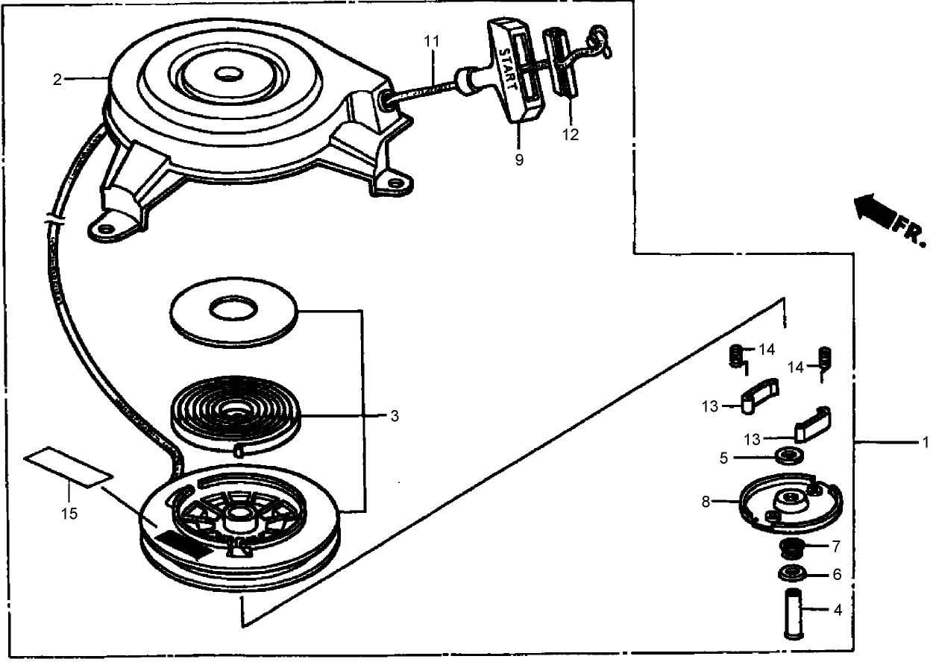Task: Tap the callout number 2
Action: click(x=57, y=80)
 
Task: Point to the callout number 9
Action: click(x=518, y=160)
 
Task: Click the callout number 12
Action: click(x=571, y=135)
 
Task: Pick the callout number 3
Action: click(x=394, y=416)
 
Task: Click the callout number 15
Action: click(x=69, y=513)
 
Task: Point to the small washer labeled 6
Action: click(x=792, y=574)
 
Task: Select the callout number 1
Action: click(x=924, y=443)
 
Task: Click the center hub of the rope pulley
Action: click(x=239, y=515)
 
